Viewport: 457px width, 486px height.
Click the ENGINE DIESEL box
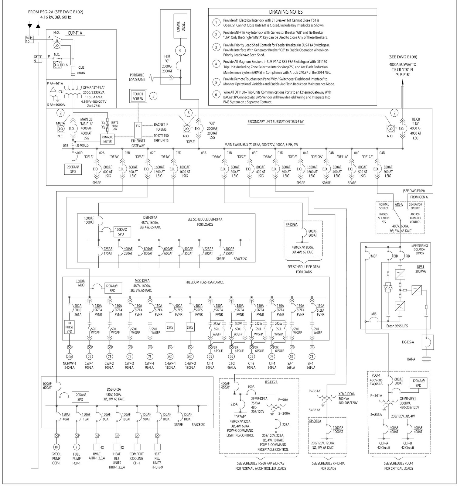coord(180,26)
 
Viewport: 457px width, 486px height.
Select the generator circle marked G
coord(180,51)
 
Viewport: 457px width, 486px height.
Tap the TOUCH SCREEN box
coord(138,97)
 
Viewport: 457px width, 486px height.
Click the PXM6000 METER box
coord(107,139)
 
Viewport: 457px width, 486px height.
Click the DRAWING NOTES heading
coord(286,12)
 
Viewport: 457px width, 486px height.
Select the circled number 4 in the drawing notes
coord(216,64)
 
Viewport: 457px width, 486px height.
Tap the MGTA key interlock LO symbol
coord(61,129)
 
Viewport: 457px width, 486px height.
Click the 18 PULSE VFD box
coord(69,327)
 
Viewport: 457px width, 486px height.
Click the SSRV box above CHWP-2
coord(190,327)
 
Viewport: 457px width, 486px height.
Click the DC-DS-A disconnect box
coord(427,342)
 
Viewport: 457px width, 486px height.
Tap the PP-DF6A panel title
coord(292,224)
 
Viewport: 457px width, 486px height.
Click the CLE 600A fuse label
coord(81,70)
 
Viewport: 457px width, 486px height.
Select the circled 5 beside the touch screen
coord(153,96)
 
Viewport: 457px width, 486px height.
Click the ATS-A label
coord(399,204)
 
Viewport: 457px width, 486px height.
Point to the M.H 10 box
coord(29,39)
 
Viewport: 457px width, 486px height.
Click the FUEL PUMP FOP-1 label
coord(77,459)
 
